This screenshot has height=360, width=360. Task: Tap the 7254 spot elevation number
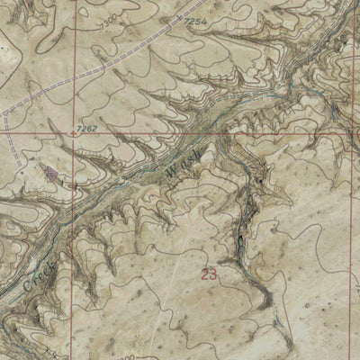coord(196,20)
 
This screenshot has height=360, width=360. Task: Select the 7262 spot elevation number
coord(86,129)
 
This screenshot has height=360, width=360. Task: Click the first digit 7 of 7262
coord(79,129)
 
